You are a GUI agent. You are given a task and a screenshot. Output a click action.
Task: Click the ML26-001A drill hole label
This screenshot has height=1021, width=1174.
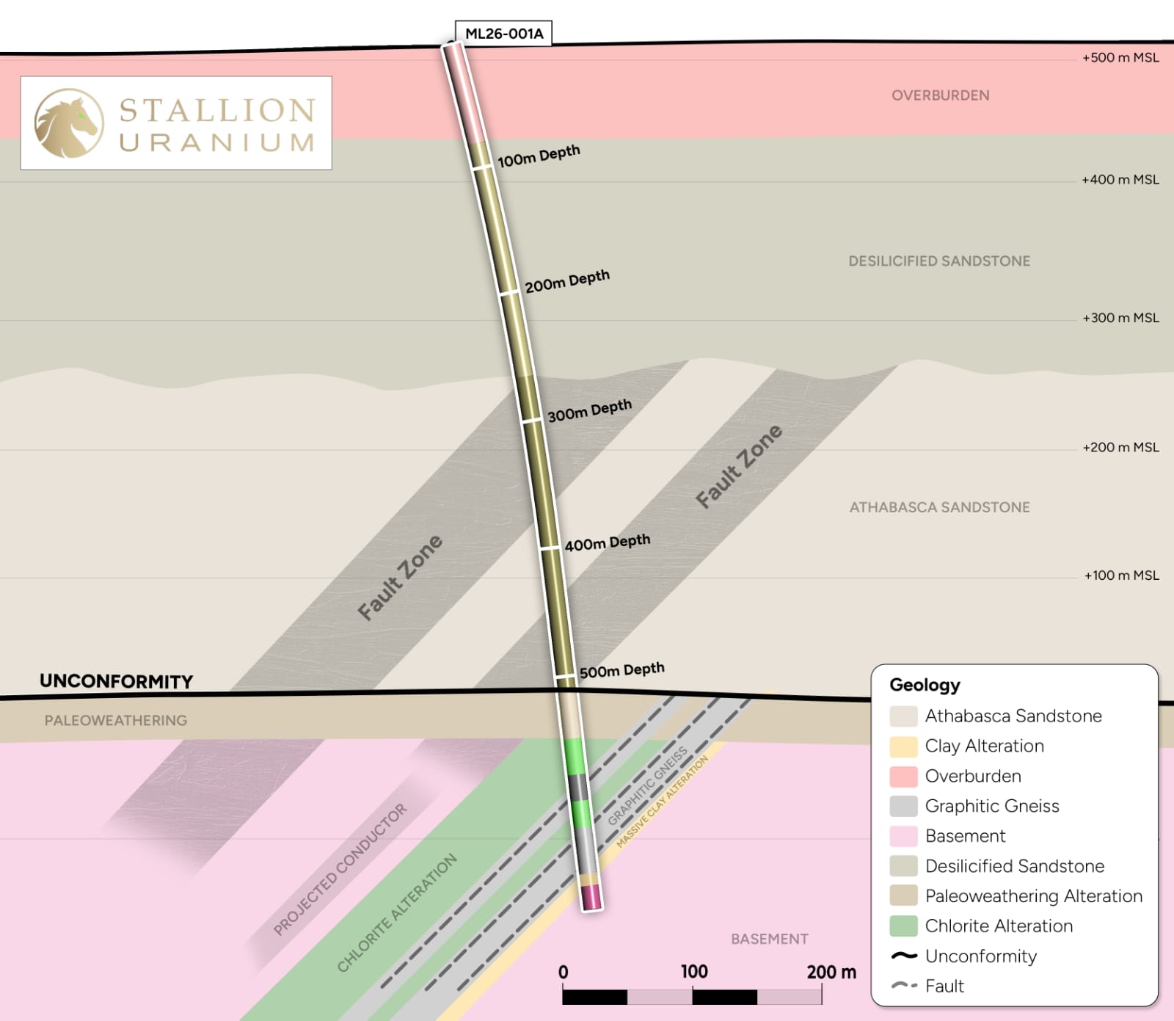click(x=504, y=34)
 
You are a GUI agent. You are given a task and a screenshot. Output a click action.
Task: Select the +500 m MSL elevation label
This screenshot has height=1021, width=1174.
click(x=1120, y=58)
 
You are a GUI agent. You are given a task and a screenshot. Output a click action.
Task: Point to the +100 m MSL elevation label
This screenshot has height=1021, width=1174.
click(x=1121, y=575)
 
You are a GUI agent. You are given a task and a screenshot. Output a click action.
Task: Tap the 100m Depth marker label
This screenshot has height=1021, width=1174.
click(x=539, y=156)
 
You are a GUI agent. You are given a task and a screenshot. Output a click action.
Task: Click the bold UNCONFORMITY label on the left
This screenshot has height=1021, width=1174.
click(x=116, y=681)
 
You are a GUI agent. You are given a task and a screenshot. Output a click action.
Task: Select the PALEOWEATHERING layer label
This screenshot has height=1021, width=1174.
click(x=116, y=721)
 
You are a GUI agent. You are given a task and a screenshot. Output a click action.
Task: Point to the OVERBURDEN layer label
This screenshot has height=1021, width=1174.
click(x=940, y=95)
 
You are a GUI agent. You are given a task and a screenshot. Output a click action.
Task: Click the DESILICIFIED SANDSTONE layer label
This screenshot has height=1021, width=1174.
click(x=939, y=261)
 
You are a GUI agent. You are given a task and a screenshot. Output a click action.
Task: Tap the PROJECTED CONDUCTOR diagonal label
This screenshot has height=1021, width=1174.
click(x=340, y=870)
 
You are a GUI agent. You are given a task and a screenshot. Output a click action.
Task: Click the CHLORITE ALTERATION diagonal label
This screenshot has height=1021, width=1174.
click(x=397, y=913)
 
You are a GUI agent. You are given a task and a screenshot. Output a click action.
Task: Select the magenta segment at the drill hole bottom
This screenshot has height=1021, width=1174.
click(x=591, y=897)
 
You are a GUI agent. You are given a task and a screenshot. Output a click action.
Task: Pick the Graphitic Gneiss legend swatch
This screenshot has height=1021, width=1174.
click(x=903, y=806)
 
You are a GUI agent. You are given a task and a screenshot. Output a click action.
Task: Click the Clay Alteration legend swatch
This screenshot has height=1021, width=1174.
click(x=903, y=746)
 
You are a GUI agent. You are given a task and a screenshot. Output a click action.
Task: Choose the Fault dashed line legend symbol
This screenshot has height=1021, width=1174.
click(x=903, y=986)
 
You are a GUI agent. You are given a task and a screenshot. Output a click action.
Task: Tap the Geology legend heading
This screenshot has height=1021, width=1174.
click(x=925, y=685)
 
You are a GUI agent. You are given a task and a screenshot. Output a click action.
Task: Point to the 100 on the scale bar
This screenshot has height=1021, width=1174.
click(x=693, y=972)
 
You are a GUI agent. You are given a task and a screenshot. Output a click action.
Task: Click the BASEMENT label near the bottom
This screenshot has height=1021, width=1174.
click(x=769, y=939)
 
